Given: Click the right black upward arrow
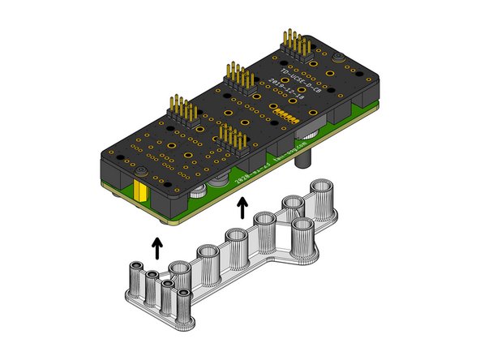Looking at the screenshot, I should point(242,211).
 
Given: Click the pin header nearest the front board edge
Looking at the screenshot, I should point(232,139).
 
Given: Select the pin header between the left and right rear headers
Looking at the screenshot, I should point(238,78).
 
